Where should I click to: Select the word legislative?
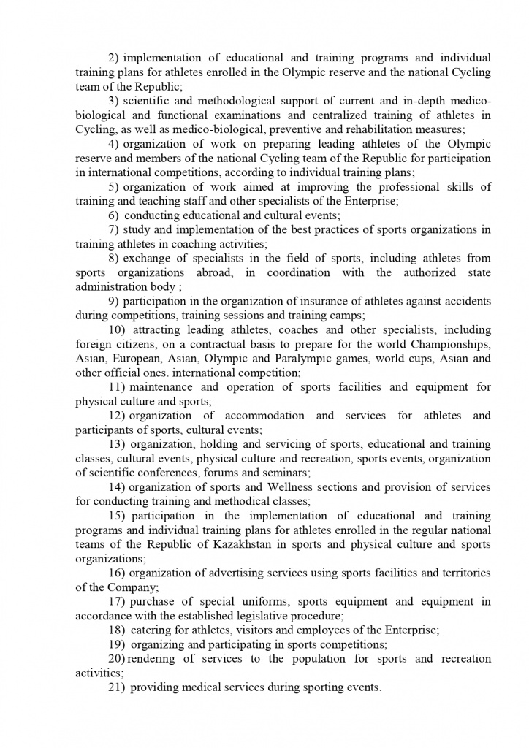[248, 616]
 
